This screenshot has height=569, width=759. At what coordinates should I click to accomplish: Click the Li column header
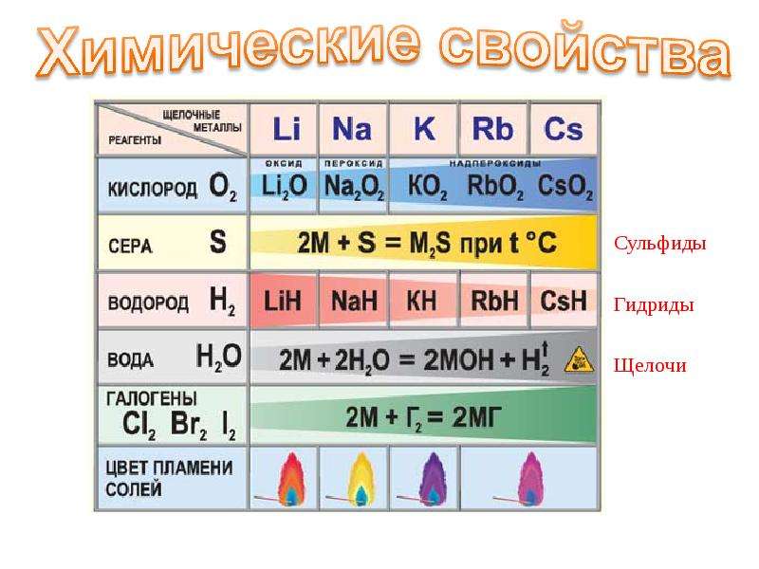pyautogui.click(x=287, y=129)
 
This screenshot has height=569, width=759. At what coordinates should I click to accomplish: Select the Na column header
pyautogui.click(x=352, y=129)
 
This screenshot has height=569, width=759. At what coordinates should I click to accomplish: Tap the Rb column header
pyautogui.click(x=492, y=129)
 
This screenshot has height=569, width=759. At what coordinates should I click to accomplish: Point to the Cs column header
pyautogui.click(x=564, y=129)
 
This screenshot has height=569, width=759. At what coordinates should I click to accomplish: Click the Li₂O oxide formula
pyautogui.click(x=284, y=186)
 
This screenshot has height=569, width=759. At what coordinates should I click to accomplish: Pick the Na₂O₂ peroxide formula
pyautogui.click(x=354, y=187)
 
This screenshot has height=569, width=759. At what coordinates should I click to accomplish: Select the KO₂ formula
pyautogui.click(x=428, y=187)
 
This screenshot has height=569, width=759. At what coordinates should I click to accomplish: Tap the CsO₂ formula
pyautogui.click(x=565, y=187)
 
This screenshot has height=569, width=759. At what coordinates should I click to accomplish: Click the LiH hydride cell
pyautogui.click(x=282, y=301)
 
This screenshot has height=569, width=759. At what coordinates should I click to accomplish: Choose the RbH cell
pyautogui.click(x=494, y=301)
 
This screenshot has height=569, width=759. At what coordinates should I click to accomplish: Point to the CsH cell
pyautogui.click(x=564, y=301)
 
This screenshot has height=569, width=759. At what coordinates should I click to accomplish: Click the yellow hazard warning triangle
pyautogui.click(x=580, y=360)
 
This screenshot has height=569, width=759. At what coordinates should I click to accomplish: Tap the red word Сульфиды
pyautogui.click(x=659, y=244)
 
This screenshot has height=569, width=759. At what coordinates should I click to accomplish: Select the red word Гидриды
pyautogui.click(x=654, y=305)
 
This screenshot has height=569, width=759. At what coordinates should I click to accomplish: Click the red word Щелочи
pyautogui.click(x=650, y=365)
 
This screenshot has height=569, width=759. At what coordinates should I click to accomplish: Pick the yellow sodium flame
pyautogui.click(x=361, y=480)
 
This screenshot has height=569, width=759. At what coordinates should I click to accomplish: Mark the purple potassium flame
pyautogui.click(x=432, y=480)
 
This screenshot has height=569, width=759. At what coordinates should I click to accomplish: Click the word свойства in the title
pyautogui.click(x=584, y=51)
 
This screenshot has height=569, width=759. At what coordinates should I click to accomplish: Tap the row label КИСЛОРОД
pyautogui.click(x=152, y=189)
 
